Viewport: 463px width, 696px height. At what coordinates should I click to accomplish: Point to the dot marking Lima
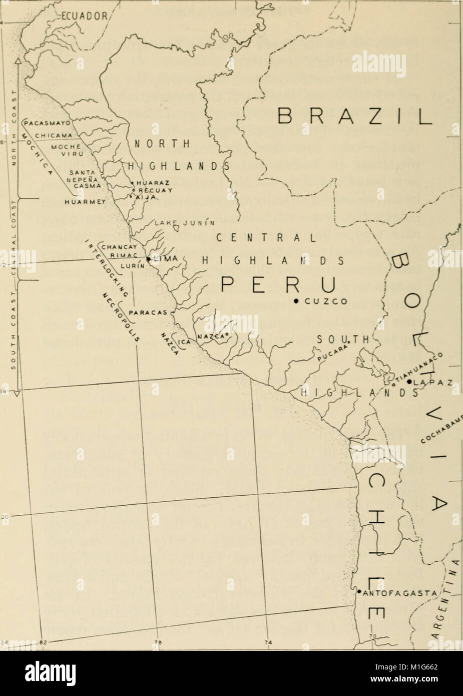(x=149, y=258)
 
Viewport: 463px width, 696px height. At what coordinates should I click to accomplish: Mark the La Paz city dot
(x=409, y=382)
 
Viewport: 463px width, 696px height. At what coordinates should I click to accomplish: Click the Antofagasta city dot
(x=358, y=591)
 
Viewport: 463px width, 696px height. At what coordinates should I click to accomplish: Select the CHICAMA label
(x=56, y=134)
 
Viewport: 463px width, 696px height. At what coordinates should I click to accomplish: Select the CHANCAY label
(x=116, y=246)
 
